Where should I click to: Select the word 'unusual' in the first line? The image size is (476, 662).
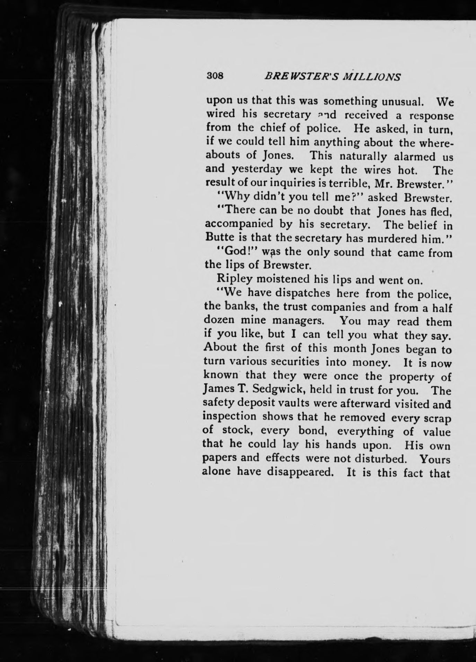(x=402, y=102)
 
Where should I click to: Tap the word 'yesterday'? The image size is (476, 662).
(x=258, y=170)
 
